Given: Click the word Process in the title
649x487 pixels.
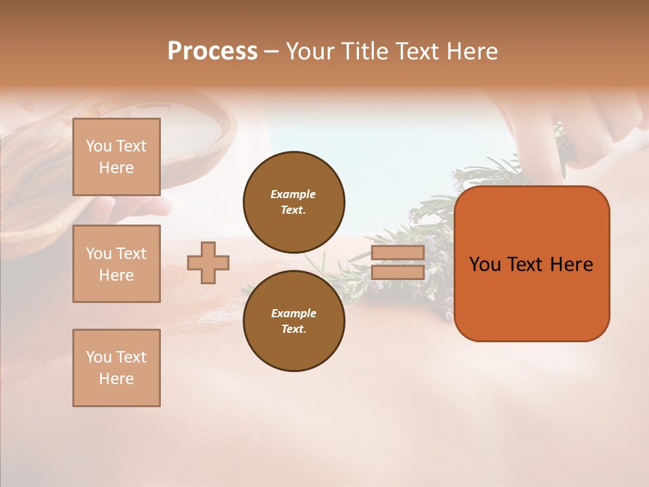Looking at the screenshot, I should point(212,51).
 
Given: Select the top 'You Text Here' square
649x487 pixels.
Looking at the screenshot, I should point(116,157).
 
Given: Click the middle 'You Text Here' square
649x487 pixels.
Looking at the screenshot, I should point(116,264).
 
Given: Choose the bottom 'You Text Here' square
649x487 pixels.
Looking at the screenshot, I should point(116,368).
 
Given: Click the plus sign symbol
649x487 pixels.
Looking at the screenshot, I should point(208,262).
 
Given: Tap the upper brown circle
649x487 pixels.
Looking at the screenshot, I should point(293,202).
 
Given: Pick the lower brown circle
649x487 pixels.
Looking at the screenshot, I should point(293,321).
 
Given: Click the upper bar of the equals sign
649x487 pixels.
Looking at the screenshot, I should point(398,252).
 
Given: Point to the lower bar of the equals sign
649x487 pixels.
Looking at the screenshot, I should point(398,272).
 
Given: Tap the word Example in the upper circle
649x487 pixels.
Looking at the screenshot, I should point(293,194).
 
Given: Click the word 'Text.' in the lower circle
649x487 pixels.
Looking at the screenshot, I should point(293,329).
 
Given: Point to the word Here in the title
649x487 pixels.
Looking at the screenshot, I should point(473,51).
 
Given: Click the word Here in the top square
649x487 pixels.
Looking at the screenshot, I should point(116,168).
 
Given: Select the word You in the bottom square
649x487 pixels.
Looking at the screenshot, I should point(99,357).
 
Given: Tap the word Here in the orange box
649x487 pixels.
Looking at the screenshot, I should point(571,264).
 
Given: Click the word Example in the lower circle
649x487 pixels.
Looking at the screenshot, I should point(293,313).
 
